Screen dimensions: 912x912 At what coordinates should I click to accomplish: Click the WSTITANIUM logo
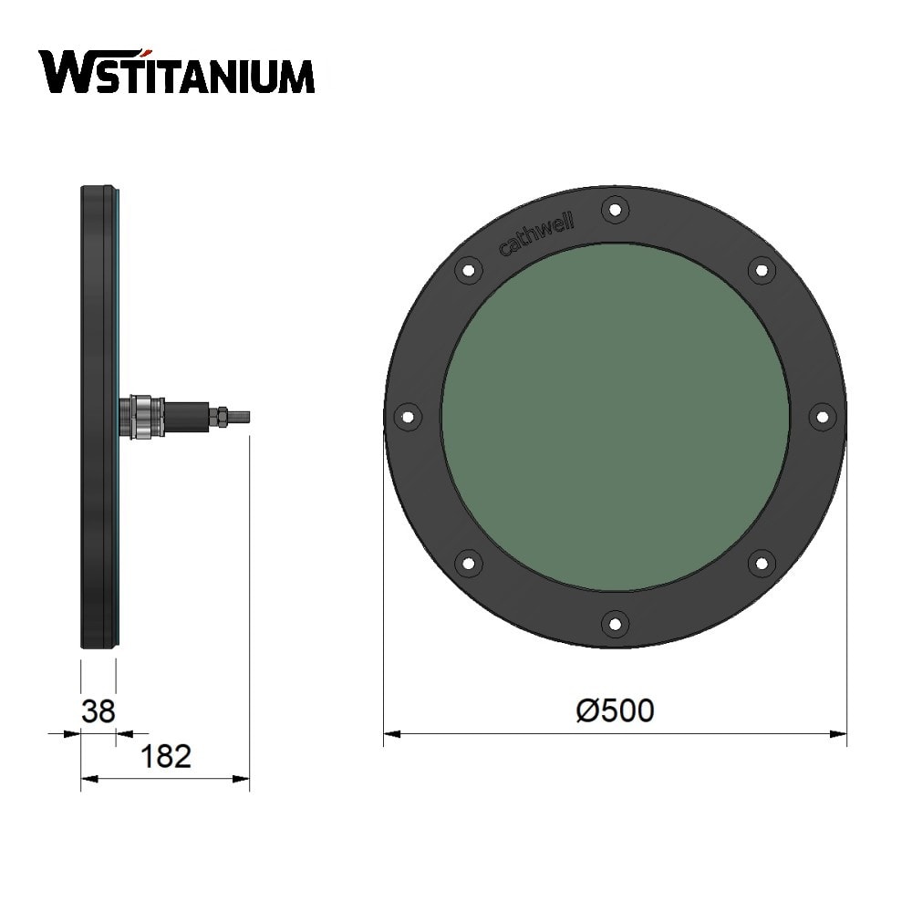click(177, 72)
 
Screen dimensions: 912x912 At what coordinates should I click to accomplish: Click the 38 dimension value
click(98, 710)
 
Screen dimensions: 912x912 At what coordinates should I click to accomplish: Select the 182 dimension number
click(166, 756)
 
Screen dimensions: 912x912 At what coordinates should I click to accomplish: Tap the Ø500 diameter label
click(616, 710)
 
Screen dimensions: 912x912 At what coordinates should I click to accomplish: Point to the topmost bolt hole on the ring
click(615, 210)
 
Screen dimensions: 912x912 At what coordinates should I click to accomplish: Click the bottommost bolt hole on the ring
click(615, 624)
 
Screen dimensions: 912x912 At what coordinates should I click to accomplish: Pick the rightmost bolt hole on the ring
click(822, 417)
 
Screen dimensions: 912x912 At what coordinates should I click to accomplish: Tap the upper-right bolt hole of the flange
click(761, 270)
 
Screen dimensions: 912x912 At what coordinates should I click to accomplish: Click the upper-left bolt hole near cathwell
click(469, 270)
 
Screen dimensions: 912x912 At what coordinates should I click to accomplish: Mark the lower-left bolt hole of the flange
click(469, 563)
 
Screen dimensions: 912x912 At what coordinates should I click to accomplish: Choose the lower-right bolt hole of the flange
click(761, 563)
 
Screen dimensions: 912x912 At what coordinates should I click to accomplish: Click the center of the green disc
click(615, 417)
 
